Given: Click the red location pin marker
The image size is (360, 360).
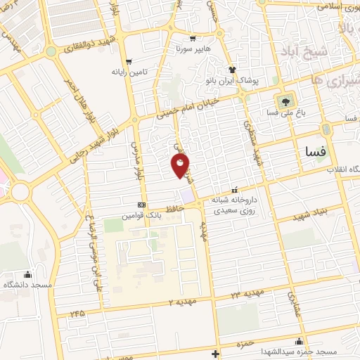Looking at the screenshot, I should (x=181, y=166).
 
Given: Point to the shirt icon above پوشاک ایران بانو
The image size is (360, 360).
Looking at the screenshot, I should (x=231, y=70).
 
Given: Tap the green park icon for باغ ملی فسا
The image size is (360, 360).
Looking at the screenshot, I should (x=285, y=100).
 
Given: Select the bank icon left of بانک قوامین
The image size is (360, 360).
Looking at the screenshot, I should (x=143, y=206).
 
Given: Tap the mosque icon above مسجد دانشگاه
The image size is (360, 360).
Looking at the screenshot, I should (x=27, y=274).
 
